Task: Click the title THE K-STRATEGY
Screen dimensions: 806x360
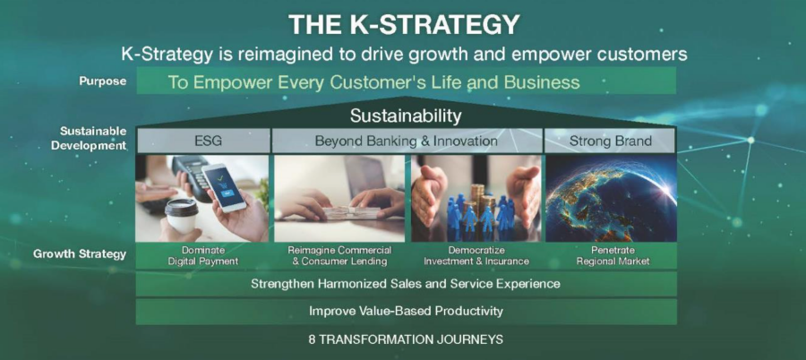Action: pos(404,25)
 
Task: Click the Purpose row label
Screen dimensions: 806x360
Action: pos(103,81)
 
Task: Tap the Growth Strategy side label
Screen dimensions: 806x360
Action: pos(80,253)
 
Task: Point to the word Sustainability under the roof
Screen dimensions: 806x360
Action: pos(406,116)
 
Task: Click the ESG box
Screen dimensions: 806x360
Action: pos(202,141)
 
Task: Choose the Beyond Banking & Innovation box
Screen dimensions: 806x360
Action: pos(406,141)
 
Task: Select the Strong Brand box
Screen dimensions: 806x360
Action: pos(610,141)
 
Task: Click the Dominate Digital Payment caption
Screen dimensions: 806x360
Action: pos(203,255)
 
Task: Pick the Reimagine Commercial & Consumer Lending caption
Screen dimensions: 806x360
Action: pos(339,255)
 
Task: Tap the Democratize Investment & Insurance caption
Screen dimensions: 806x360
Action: pos(476,255)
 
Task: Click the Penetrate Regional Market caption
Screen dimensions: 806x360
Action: pos(613,255)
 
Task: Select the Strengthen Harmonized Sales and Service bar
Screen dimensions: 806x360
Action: pos(406,283)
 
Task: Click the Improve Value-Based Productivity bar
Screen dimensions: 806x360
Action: pos(406,311)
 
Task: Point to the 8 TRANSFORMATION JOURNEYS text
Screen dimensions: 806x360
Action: pos(406,339)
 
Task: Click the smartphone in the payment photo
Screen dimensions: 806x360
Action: pos(224,188)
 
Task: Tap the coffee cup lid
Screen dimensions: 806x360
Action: pos(181,207)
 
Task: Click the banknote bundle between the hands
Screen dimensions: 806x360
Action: pos(350,212)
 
